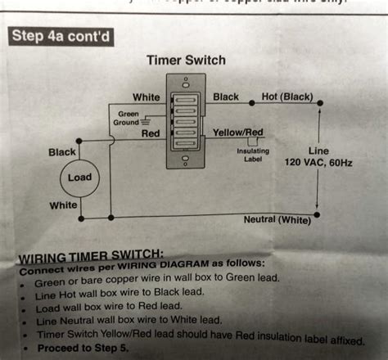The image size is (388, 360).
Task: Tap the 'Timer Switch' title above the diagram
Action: point(185,61)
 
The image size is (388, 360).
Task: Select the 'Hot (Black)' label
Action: point(286,97)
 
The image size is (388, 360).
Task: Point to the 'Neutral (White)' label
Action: point(277,220)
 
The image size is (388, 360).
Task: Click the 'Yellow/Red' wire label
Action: point(237,132)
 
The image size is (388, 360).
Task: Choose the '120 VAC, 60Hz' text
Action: point(318,163)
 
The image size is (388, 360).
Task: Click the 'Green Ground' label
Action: point(129,118)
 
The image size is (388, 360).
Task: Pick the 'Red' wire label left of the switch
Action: point(151,133)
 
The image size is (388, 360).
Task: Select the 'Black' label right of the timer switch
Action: point(225,97)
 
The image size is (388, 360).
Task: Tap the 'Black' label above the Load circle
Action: point(62,152)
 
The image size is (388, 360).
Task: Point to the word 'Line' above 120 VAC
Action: point(318,151)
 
